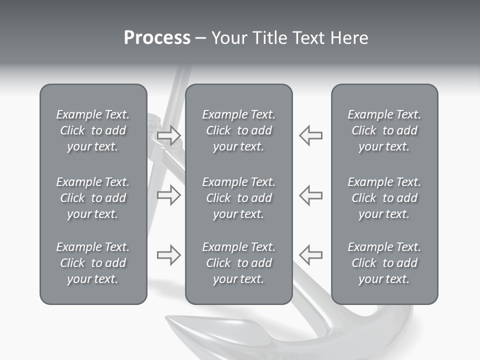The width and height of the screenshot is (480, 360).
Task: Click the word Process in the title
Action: click(x=157, y=38)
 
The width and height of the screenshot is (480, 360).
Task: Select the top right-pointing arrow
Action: click(x=168, y=135)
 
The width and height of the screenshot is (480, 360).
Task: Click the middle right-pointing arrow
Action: click(x=168, y=195)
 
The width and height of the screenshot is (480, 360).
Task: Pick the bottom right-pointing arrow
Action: click(x=168, y=255)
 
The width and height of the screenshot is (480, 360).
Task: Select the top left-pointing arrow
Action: click(x=311, y=135)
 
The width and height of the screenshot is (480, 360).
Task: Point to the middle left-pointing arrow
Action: click(x=311, y=195)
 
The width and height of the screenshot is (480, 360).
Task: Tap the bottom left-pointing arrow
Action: click(x=311, y=255)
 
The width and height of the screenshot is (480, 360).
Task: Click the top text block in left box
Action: click(x=93, y=130)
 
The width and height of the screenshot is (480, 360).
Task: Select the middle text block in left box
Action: click(x=93, y=198)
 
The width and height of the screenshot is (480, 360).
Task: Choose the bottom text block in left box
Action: click(x=93, y=263)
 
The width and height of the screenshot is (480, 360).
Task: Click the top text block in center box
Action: click(x=239, y=130)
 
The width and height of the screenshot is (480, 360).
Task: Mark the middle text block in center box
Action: click(x=239, y=198)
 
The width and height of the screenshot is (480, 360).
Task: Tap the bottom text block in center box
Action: click(x=239, y=263)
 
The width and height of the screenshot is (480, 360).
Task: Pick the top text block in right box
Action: click(x=384, y=130)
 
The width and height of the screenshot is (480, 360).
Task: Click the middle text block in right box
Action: click(x=384, y=198)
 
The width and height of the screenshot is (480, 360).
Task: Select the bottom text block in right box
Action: click(x=384, y=263)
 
